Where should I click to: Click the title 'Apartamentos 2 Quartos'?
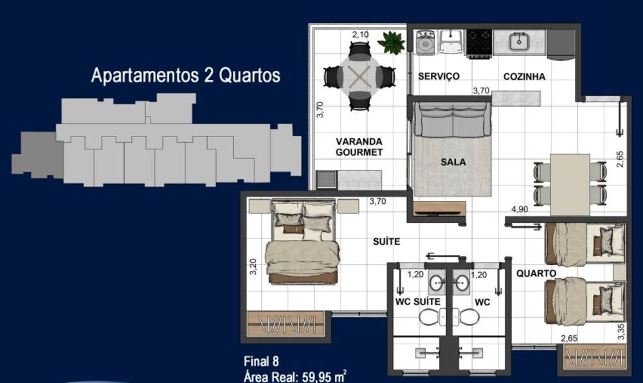point(186,75)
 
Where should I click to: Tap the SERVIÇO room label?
point(439,76)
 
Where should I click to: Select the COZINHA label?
point(524,76)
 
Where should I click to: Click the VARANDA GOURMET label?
point(359,147)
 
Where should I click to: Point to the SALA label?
point(453,162)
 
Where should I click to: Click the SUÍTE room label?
point(386,241)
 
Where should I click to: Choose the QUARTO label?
point(536,273)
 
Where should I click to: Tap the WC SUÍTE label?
point(417,301)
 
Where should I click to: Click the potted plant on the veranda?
point(392,42)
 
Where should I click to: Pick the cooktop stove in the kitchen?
point(479,42)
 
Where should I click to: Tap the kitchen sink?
point(519,42)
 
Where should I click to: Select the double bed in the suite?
point(302,243)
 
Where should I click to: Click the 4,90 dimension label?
point(520,209)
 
